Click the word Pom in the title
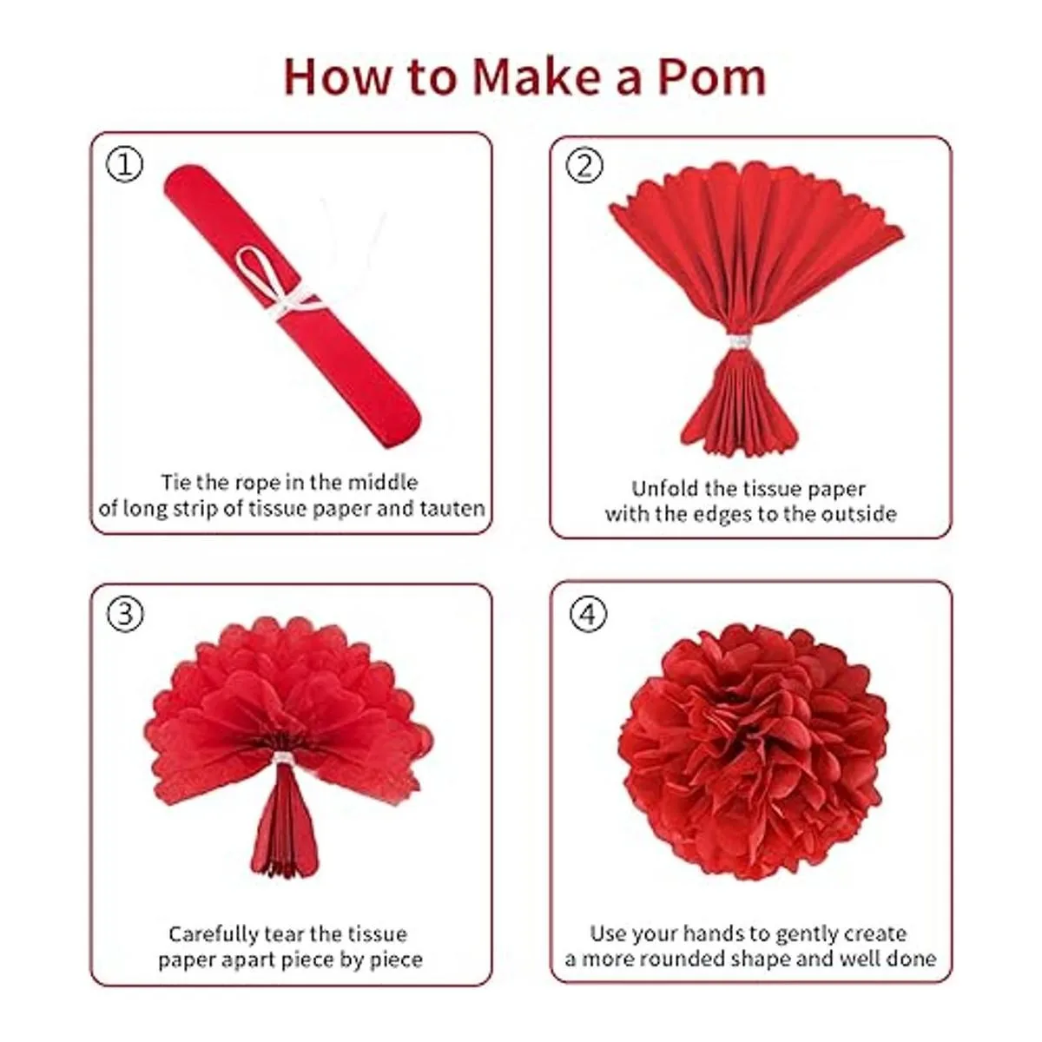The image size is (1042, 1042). [711, 77]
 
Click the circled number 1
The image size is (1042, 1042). [124, 165]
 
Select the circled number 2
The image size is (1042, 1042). [584, 166]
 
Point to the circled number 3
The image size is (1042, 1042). [125, 614]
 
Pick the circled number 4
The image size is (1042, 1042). [589, 614]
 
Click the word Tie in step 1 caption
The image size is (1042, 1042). [175, 482]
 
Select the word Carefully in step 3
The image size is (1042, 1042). [214, 934]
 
